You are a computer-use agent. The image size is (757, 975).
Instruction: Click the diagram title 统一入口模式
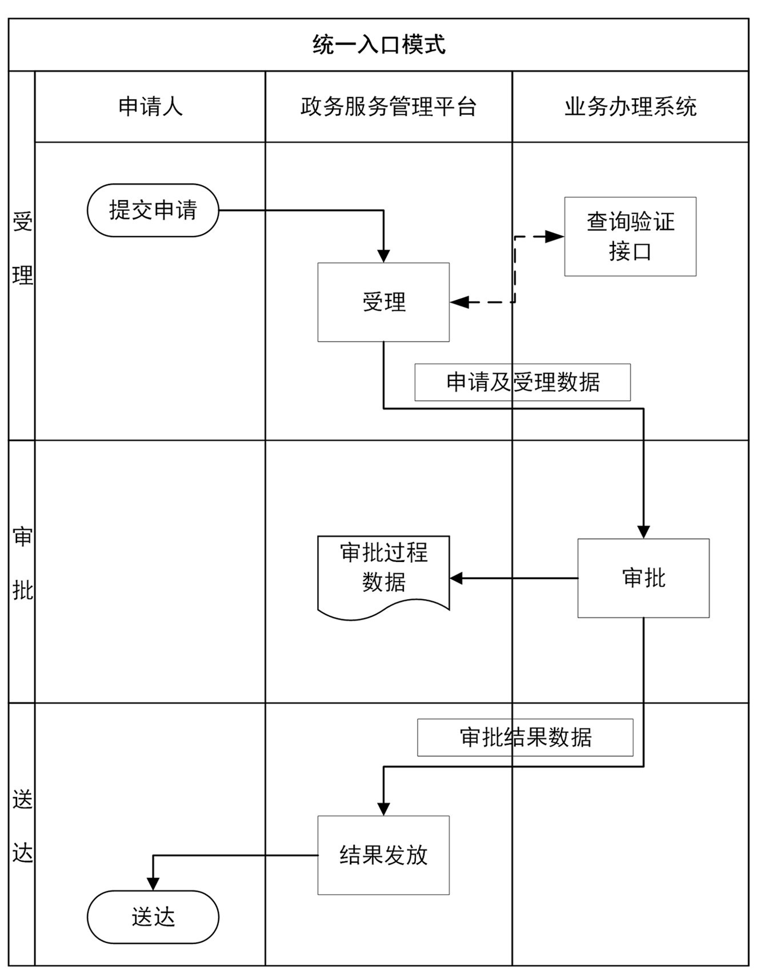click(x=378, y=45)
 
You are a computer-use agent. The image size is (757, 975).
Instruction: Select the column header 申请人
click(x=150, y=107)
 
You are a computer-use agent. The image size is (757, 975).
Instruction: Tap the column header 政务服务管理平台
click(x=388, y=107)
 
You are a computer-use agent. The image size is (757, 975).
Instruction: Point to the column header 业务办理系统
click(x=630, y=107)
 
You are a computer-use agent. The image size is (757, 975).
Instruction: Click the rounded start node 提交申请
click(x=153, y=210)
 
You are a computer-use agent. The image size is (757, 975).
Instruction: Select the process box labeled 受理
click(x=383, y=302)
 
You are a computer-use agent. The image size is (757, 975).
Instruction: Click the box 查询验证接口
click(x=630, y=236)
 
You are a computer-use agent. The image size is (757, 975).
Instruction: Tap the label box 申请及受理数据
click(x=522, y=382)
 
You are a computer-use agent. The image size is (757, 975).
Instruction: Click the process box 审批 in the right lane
click(x=643, y=578)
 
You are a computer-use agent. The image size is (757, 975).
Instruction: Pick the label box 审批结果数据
click(x=525, y=737)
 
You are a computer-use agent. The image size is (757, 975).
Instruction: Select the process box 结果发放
click(x=383, y=855)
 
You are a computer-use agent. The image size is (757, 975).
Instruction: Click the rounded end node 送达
click(x=153, y=917)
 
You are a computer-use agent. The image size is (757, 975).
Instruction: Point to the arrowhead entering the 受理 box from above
click(x=383, y=256)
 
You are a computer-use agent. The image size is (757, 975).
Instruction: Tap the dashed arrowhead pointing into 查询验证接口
click(x=555, y=236)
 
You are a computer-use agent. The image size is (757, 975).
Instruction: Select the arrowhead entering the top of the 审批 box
click(x=643, y=532)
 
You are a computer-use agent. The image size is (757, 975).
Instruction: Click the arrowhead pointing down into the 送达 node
click(x=153, y=884)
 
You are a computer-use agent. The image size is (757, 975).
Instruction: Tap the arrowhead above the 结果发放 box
click(x=383, y=809)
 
